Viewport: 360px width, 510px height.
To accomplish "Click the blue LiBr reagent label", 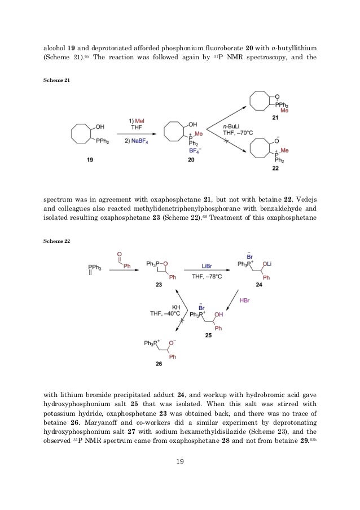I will [x=208, y=264].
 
